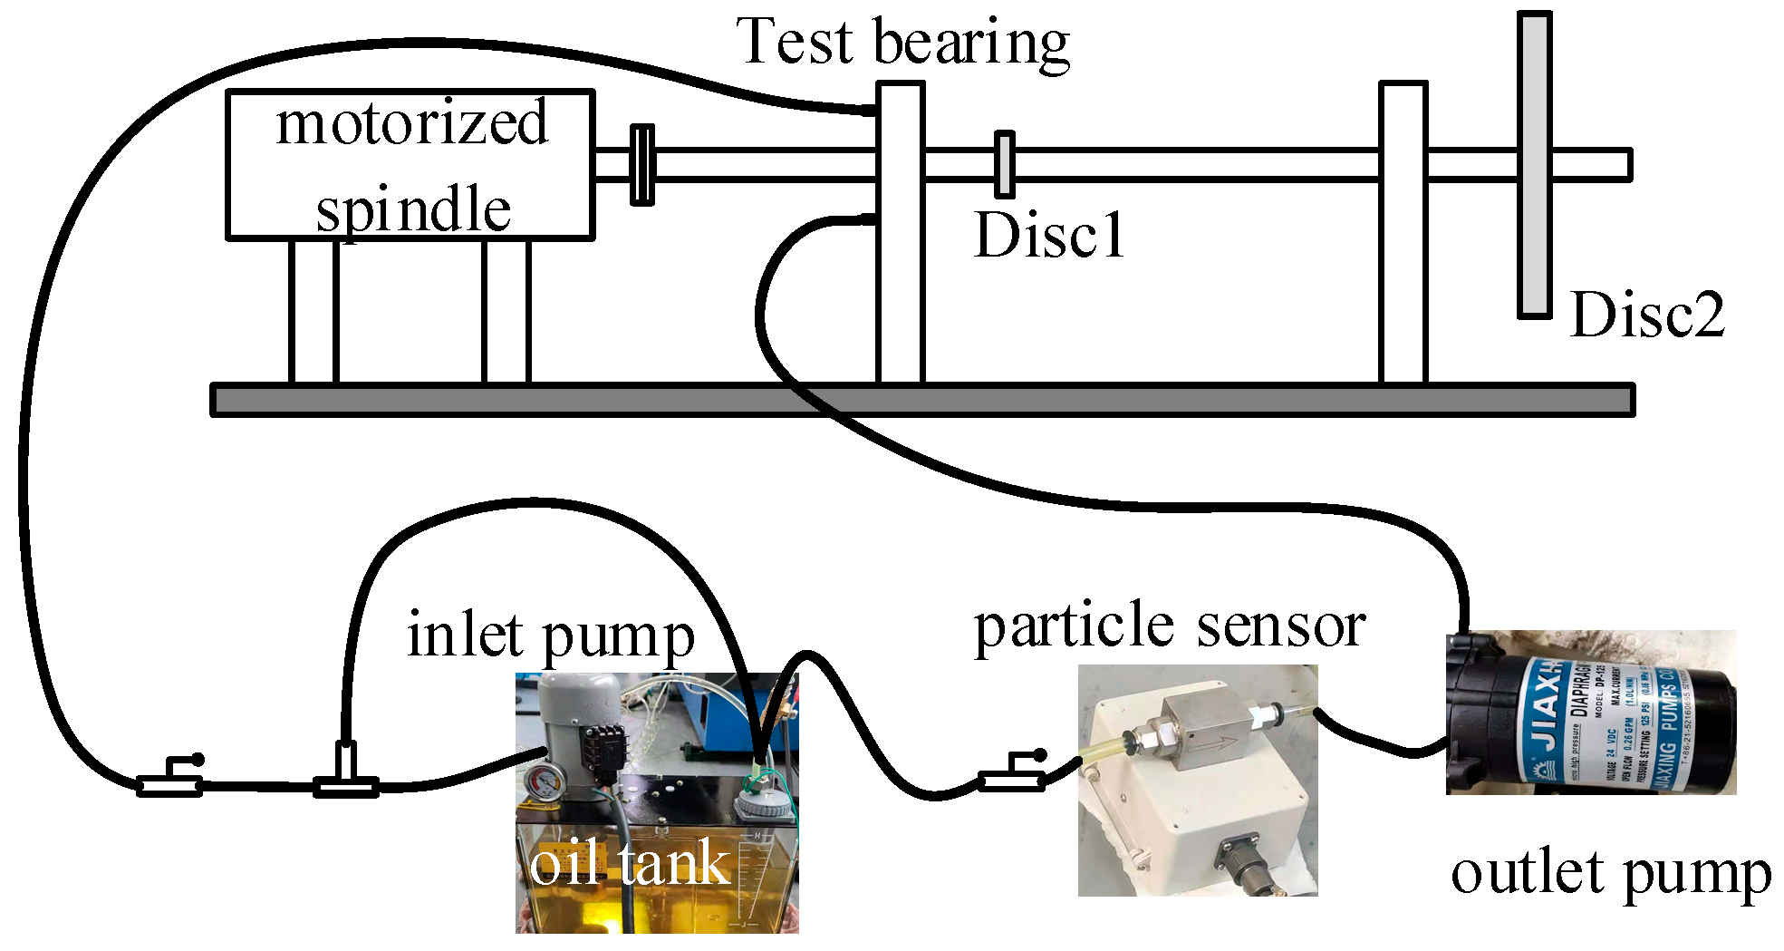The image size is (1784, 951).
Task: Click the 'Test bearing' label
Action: point(903,43)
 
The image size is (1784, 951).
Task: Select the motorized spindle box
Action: point(410,164)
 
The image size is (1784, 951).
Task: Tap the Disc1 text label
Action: point(1048,236)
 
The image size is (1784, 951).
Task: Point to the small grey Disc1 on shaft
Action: point(1004,164)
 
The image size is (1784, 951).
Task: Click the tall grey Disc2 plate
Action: point(1535,164)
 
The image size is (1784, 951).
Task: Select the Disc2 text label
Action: point(1647,315)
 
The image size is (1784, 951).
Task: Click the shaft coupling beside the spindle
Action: point(641,164)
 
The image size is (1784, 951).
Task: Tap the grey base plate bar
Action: point(922,400)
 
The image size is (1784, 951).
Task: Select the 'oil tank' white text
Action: point(629,864)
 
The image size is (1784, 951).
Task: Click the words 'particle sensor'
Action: point(1169,626)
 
